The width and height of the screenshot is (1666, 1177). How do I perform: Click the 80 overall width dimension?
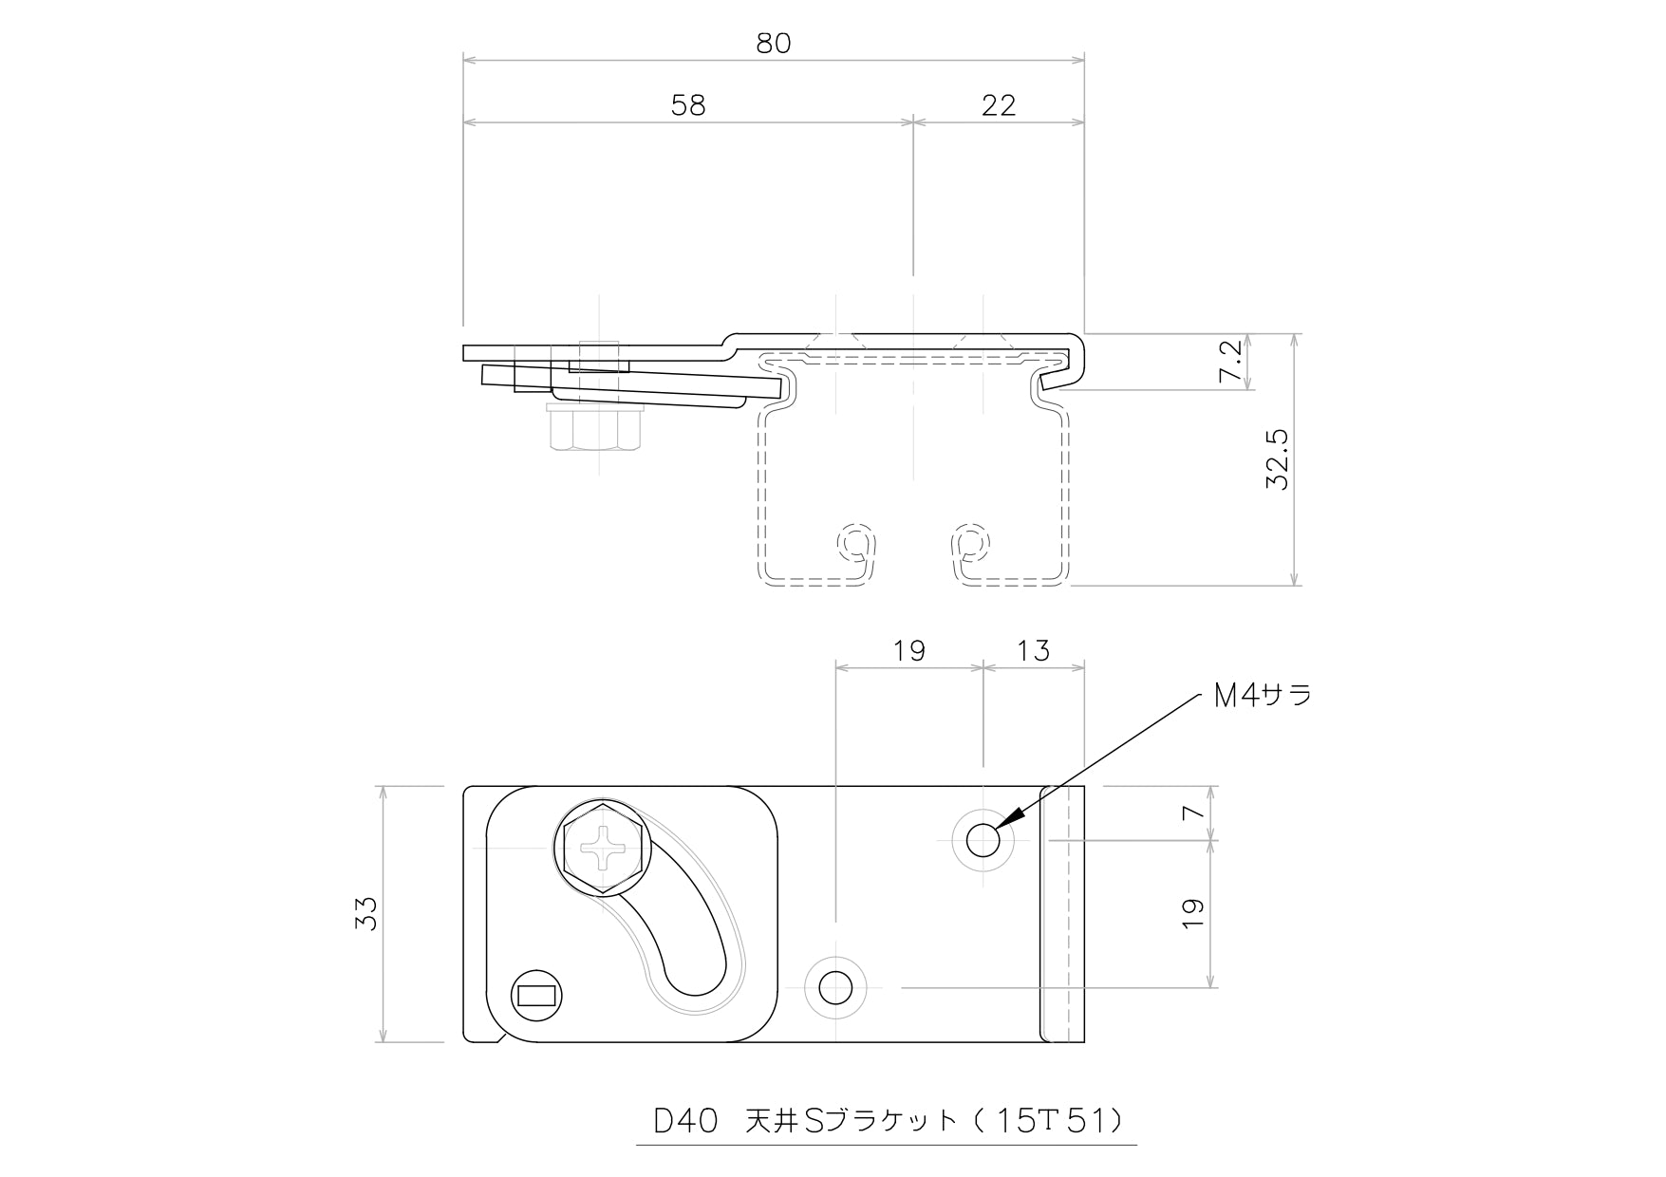click(x=774, y=44)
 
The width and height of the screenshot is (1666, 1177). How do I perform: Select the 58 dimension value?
click(x=688, y=105)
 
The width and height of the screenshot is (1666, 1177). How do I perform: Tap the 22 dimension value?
click(x=999, y=105)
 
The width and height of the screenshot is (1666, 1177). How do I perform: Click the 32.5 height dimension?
click(x=1277, y=459)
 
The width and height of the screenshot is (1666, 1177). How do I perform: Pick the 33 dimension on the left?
click(x=365, y=913)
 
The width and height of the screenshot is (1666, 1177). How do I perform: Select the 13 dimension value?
click(x=1033, y=651)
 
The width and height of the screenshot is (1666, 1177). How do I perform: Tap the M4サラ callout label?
click(x=1263, y=696)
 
